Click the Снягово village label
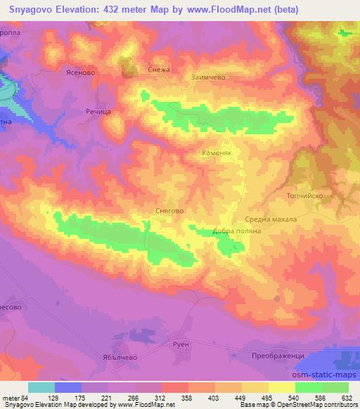click(169, 209)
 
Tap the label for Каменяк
click(217, 152)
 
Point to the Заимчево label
click(208, 77)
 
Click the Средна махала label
click(271, 219)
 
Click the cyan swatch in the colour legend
click(41, 387)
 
